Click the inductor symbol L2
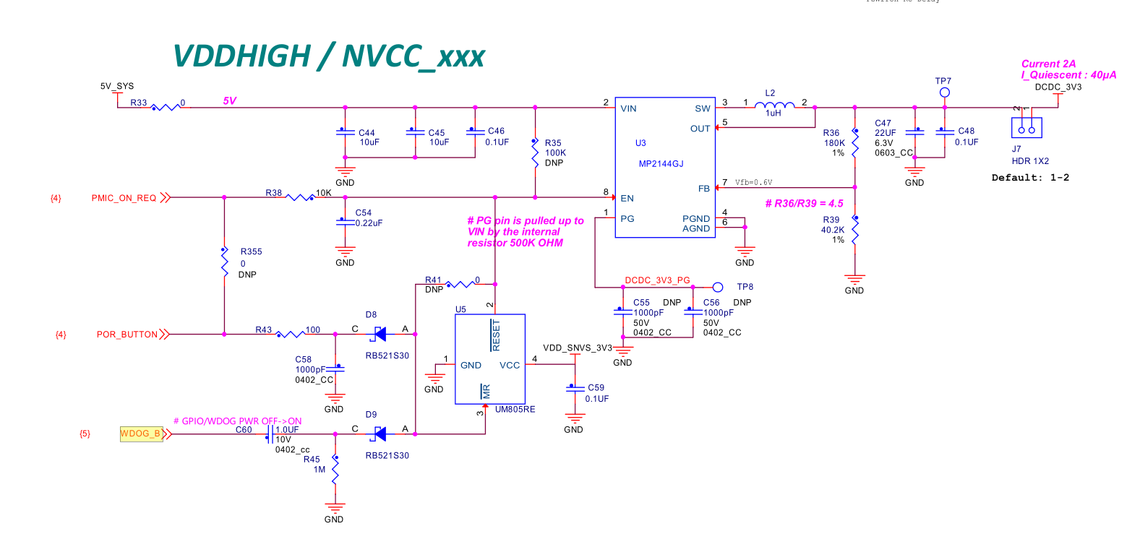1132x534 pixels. click(x=775, y=107)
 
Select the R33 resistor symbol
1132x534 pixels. click(x=165, y=107)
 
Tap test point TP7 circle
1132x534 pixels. click(x=944, y=93)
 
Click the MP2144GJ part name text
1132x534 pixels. click(x=661, y=164)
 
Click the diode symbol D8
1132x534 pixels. click(x=377, y=334)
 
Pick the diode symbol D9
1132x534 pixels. click(x=377, y=434)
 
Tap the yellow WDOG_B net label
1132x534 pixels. click(x=141, y=434)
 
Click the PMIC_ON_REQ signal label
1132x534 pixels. click(x=124, y=197)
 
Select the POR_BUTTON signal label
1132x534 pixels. click(x=127, y=335)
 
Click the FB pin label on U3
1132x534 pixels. click(x=703, y=188)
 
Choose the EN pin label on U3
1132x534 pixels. click(x=627, y=197)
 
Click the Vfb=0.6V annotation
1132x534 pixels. click(x=758, y=182)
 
